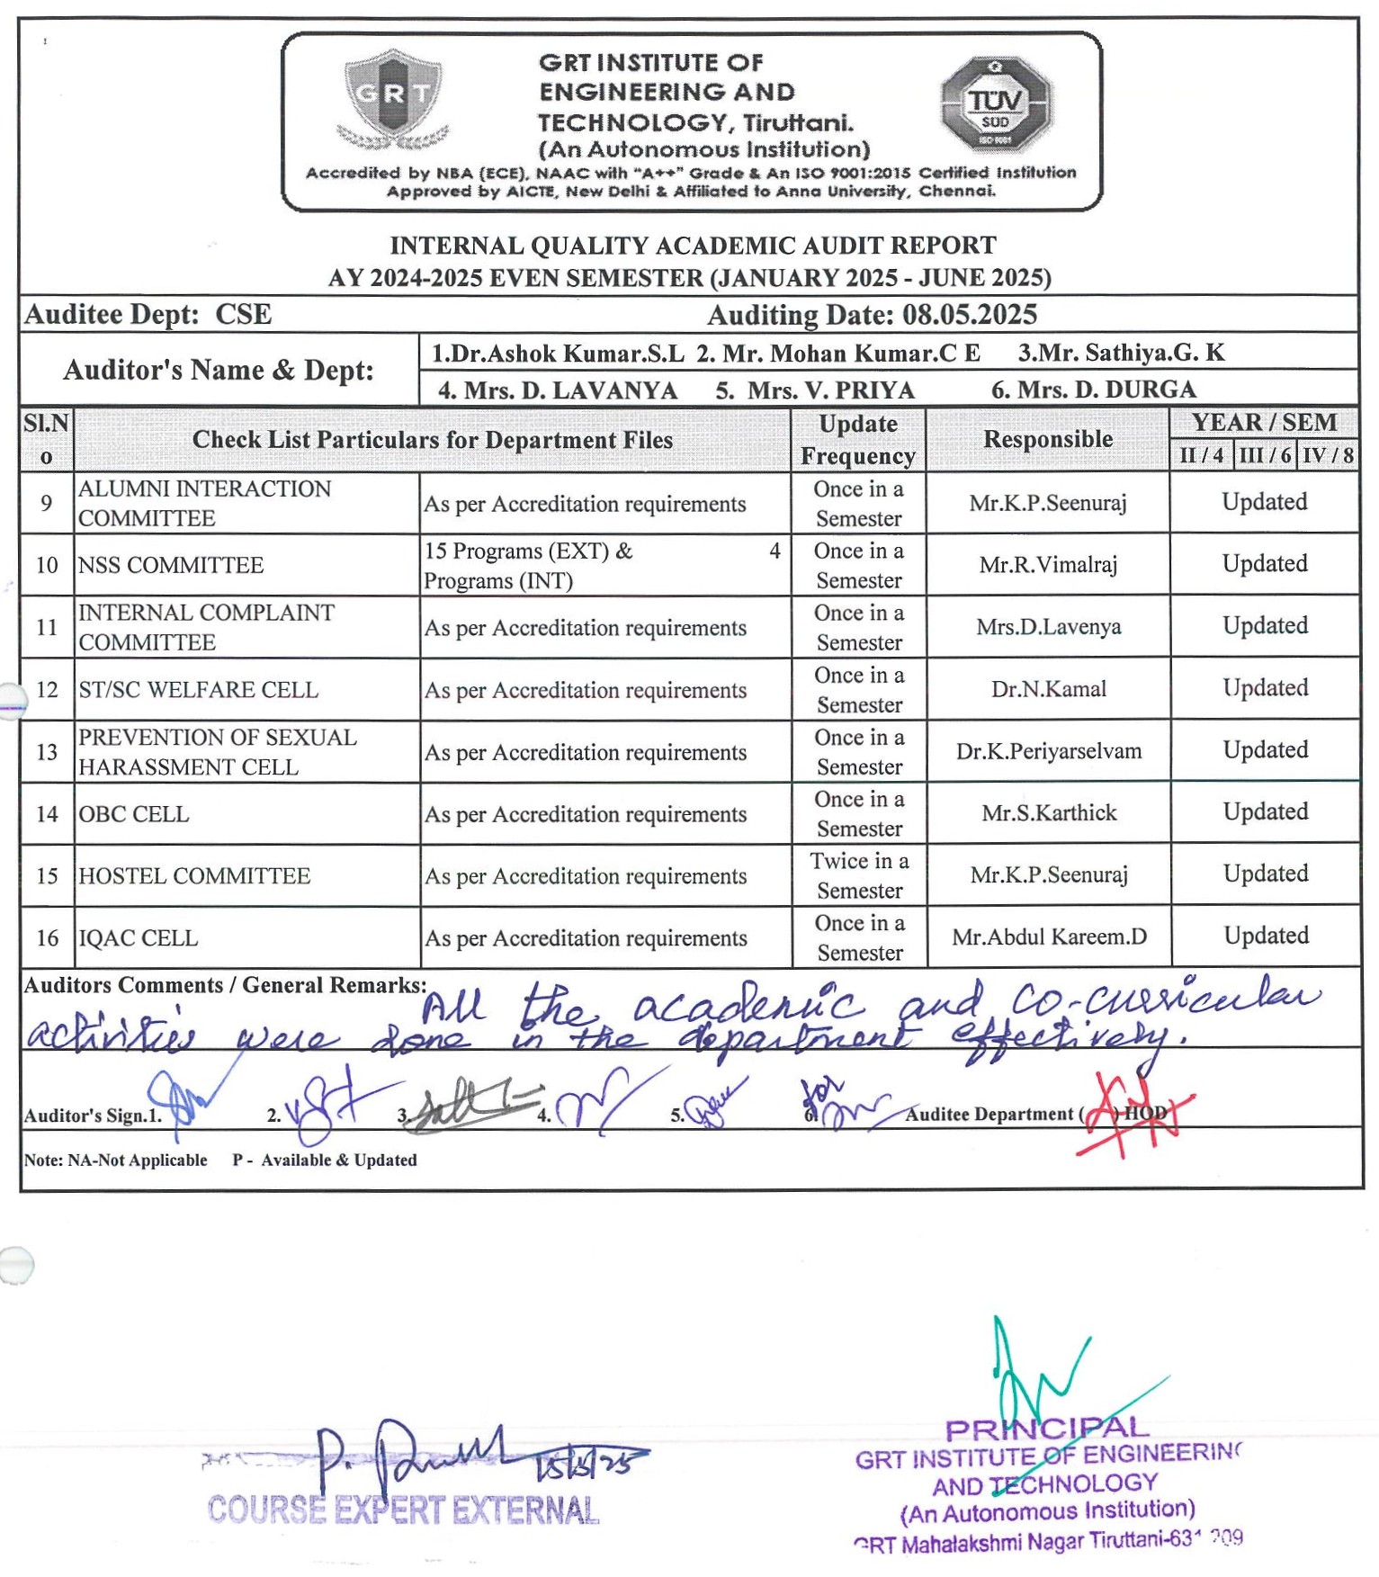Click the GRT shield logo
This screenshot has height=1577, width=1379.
point(393,98)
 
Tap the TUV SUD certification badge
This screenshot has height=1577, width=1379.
point(995,103)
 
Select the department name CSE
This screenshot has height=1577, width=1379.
point(243,315)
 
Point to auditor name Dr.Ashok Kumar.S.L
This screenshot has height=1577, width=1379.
point(558,354)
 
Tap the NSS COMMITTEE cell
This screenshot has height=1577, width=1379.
point(171,565)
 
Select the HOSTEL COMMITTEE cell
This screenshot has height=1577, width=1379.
point(194,876)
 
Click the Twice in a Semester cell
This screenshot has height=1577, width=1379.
point(859,875)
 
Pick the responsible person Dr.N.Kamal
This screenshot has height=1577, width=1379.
point(1049,689)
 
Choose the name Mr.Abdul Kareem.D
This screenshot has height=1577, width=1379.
point(1049,937)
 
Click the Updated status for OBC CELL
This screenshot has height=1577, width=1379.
point(1265,812)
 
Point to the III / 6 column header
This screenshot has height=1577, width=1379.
point(1265,455)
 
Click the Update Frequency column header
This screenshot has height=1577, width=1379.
point(858,440)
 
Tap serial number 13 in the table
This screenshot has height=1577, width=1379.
point(47,752)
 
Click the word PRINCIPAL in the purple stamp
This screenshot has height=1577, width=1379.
point(1047,1429)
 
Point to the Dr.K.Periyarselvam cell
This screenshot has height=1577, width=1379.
point(1049,751)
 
